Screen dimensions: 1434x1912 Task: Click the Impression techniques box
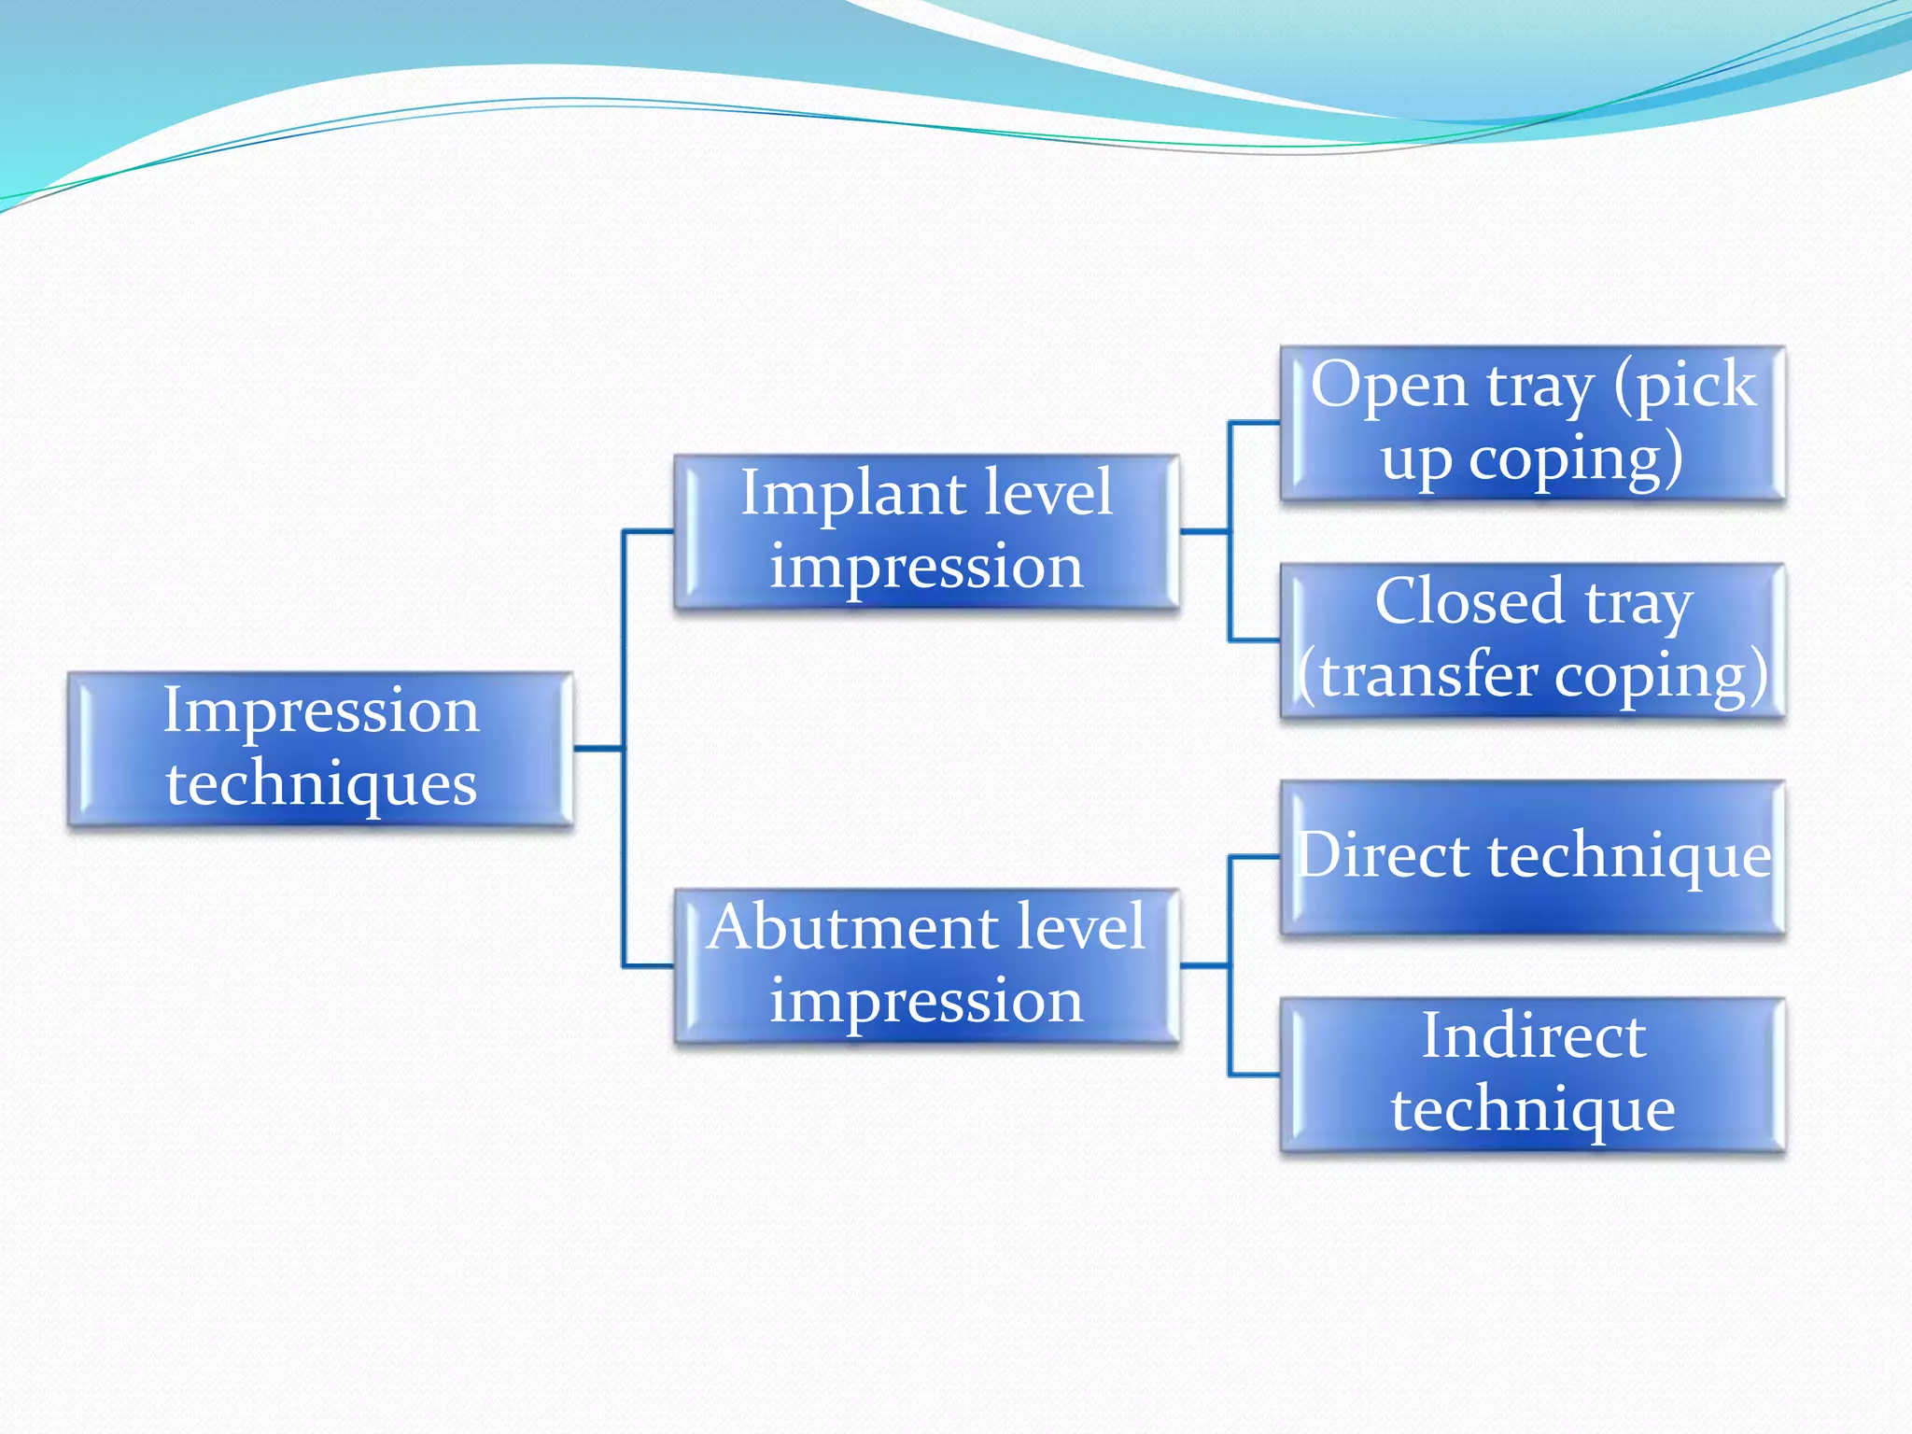[x=320, y=749]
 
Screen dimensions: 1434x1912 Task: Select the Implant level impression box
[x=926, y=532]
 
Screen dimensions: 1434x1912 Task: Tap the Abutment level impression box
[x=926, y=965]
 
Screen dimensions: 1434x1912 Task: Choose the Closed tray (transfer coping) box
[x=1533, y=640]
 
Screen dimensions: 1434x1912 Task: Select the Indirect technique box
[x=1533, y=1075]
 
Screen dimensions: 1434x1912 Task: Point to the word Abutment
[x=840, y=928]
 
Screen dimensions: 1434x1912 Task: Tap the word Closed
[x=1469, y=602]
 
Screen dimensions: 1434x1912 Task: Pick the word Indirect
[x=1533, y=1036]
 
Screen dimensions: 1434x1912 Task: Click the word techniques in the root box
[x=321, y=784]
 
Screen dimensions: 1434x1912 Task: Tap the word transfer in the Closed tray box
[x=1428, y=676]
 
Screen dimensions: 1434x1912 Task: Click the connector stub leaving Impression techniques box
[x=597, y=749]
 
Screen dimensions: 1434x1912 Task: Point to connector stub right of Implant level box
[x=1204, y=532]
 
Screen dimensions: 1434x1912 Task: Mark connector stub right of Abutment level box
[x=1204, y=965]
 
